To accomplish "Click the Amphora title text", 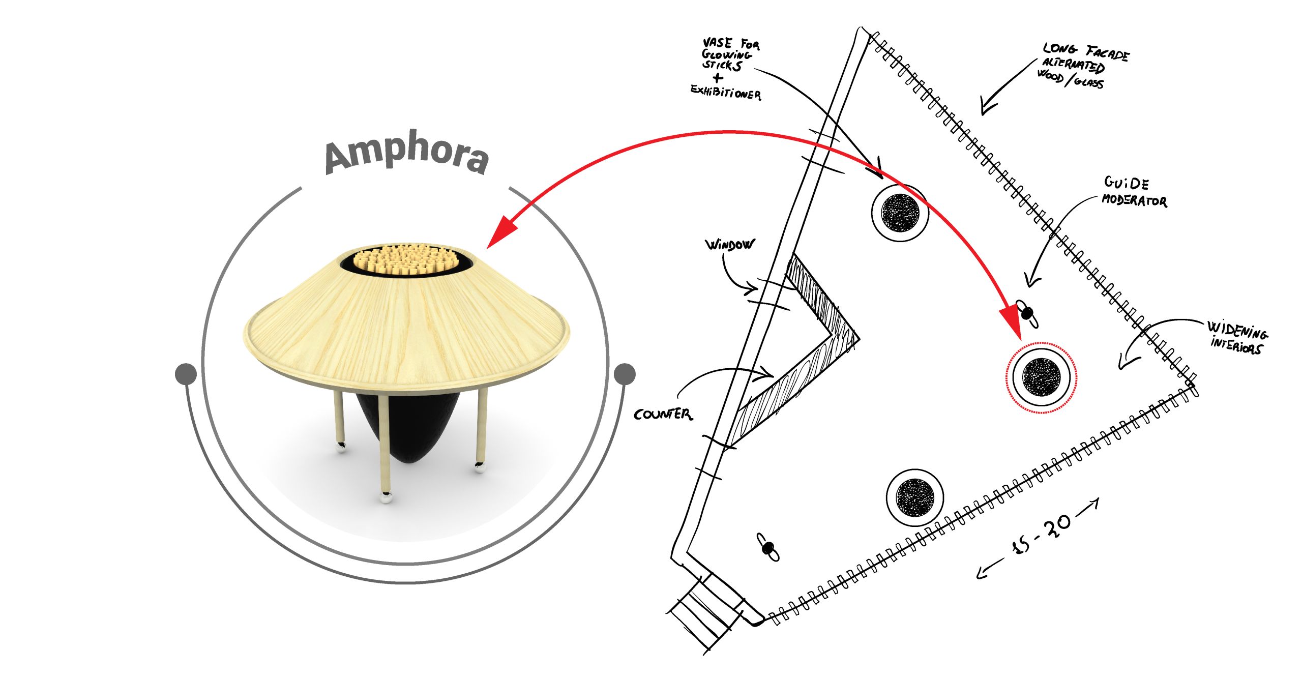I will (407, 152).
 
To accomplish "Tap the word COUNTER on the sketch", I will (663, 414).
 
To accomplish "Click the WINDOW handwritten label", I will (729, 245).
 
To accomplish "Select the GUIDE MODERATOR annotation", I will (1134, 192).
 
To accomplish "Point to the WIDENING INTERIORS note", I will (1237, 337).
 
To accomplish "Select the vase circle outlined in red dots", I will (1041, 377).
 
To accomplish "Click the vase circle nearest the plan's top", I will (900, 212).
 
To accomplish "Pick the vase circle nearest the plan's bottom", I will (914, 497).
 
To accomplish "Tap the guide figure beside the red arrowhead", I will (1027, 313).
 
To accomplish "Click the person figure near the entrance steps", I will (768, 547).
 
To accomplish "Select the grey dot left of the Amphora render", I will (186, 374).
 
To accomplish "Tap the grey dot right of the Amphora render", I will (625, 374).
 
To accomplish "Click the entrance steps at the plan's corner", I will (707, 610).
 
